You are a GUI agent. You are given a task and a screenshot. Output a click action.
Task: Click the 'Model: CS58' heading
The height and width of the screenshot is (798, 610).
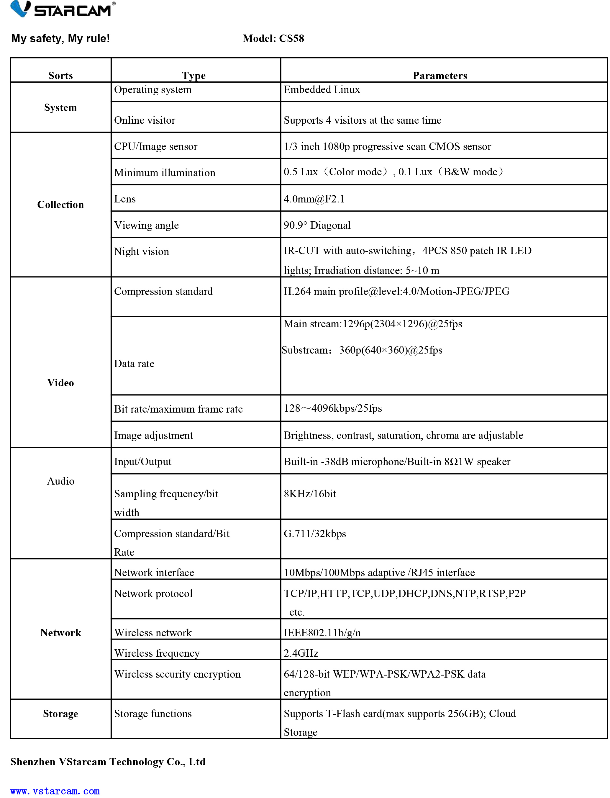[x=273, y=38]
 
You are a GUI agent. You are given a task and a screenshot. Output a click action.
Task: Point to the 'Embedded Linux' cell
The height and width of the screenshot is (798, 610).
[x=322, y=90]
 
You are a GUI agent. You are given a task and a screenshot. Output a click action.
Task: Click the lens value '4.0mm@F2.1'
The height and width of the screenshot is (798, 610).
[x=314, y=199]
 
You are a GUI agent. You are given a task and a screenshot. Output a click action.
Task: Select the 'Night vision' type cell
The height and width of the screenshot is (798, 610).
[x=141, y=251]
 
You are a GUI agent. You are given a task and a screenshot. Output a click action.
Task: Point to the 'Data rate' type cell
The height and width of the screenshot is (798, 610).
[x=134, y=364]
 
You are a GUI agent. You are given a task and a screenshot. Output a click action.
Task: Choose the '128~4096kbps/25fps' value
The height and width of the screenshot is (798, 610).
[x=333, y=408]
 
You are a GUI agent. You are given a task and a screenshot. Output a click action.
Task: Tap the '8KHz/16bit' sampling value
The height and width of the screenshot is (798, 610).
[x=309, y=494]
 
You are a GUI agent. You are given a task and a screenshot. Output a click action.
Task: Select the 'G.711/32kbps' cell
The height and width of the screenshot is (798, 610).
[x=314, y=534]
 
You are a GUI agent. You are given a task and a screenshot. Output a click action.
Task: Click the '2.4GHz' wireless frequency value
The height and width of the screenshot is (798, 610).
[x=301, y=653]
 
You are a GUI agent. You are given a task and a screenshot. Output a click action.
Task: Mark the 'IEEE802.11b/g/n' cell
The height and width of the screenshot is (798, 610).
[x=322, y=633]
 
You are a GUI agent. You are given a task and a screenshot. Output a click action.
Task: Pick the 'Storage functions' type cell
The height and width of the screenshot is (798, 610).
[x=152, y=713]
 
